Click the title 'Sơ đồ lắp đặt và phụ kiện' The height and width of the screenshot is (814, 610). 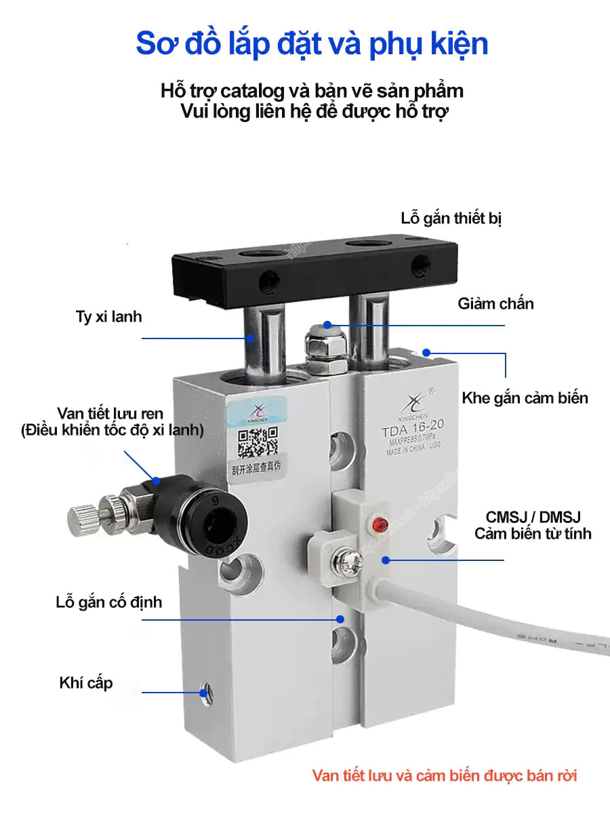[312, 43]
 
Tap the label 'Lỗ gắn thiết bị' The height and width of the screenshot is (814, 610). [451, 218]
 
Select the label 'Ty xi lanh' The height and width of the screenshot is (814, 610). [109, 317]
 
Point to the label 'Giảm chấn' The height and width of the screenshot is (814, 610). [495, 303]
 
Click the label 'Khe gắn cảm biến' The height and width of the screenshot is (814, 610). [525, 398]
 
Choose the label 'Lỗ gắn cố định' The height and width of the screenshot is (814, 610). [109, 602]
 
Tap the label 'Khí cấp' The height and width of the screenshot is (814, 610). [86, 683]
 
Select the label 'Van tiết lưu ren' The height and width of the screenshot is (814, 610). [110, 414]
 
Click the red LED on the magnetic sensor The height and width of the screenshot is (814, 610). [379, 524]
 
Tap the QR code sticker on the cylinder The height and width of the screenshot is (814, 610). [258, 445]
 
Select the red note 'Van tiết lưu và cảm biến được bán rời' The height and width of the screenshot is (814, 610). [445, 775]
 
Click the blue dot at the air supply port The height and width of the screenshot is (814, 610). [203, 693]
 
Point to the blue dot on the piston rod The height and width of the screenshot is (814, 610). [251, 337]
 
